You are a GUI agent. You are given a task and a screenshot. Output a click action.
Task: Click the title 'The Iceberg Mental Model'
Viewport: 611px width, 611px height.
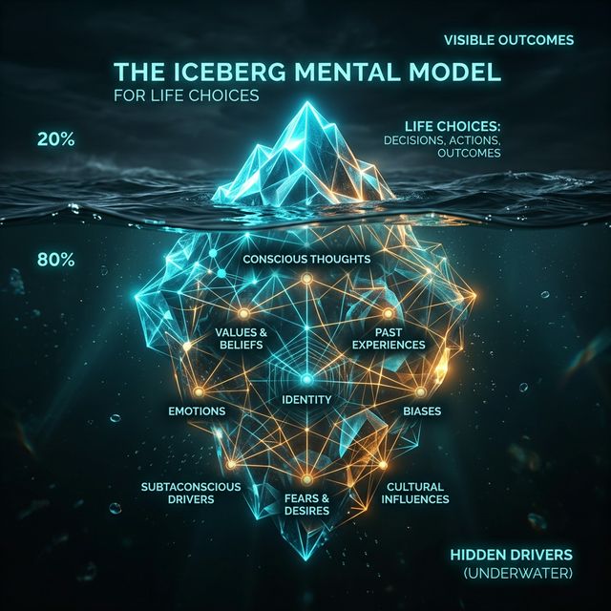pyautogui.click(x=307, y=72)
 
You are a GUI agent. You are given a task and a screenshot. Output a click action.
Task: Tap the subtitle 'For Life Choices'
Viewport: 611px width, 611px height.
pyautogui.click(x=186, y=95)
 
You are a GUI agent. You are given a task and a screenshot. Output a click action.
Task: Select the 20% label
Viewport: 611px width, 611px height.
pyautogui.click(x=55, y=139)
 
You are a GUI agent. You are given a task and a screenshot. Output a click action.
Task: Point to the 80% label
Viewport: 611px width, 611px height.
pyautogui.click(x=55, y=260)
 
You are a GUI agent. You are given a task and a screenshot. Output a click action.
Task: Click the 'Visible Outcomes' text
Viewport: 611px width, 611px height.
pyautogui.click(x=509, y=40)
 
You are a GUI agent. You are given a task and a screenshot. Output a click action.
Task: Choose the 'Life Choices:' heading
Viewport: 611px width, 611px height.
pyautogui.click(x=453, y=127)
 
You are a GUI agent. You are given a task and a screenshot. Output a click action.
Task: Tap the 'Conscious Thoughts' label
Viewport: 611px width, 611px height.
pyautogui.click(x=306, y=259)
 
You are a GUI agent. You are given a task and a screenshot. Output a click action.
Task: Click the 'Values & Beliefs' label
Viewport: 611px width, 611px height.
pyautogui.click(x=242, y=338)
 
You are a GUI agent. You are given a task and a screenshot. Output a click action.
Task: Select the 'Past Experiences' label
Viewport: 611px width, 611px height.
pyautogui.click(x=389, y=338)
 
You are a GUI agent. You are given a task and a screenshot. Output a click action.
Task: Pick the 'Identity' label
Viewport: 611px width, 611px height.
pyautogui.click(x=306, y=399)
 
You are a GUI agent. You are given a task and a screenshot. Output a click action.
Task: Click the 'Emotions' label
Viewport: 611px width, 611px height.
pyautogui.click(x=197, y=411)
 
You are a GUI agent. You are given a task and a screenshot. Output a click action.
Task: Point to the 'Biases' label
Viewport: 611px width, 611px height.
pyautogui.click(x=422, y=411)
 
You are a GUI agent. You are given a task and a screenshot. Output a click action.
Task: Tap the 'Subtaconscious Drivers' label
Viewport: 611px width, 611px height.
pyautogui.click(x=191, y=493)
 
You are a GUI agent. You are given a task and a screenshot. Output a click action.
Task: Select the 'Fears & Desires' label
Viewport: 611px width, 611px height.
pyautogui.click(x=306, y=504)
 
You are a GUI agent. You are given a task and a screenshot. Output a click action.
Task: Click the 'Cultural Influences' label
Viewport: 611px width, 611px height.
pyautogui.click(x=415, y=493)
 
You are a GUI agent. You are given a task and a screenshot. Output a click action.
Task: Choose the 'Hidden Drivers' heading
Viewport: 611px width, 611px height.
pyautogui.click(x=512, y=555)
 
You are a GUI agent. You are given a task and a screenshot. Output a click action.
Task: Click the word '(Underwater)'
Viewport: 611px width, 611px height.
pyautogui.click(x=518, y=573)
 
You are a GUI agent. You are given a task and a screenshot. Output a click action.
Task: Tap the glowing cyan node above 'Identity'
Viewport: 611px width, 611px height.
pyautogui.click(x=306, y=379)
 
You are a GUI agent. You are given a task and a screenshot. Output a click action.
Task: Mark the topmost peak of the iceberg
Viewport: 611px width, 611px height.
pyautogui.click(x=307, y=102)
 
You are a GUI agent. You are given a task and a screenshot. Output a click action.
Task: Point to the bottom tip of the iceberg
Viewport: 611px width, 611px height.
pyautogui.click(x=306, y=559)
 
